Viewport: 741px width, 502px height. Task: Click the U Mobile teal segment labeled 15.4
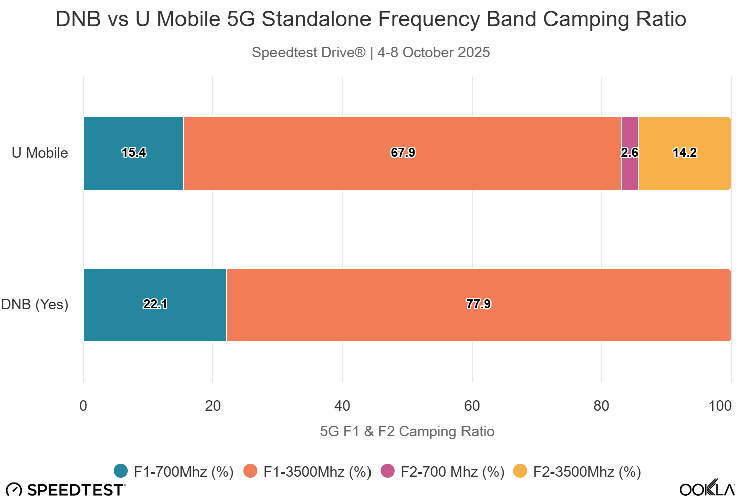(x=134, y=154)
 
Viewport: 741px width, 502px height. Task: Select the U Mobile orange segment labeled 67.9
(x=402, y=154)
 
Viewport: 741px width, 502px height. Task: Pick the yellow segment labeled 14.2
(x=685, y=154)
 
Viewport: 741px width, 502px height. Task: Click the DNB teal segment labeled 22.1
(x=155, y=305)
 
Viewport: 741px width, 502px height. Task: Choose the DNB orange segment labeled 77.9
(x=478, y=305)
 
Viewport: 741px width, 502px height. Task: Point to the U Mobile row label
(x=40, y=153)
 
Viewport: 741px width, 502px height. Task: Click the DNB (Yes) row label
(x=35, y=304)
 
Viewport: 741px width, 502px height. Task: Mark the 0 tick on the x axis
(x=83, y=406)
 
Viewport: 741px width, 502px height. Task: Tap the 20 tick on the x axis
(x=213, y=406)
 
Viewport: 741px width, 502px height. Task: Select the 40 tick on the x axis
(x=342, y=406)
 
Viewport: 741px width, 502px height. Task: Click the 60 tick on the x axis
(x=472, y=406)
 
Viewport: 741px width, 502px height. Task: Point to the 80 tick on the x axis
(x=601, y=406)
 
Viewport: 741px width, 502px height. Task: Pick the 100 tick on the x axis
(x=720, y=406)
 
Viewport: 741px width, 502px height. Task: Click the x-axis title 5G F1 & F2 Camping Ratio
(x=407, y=432)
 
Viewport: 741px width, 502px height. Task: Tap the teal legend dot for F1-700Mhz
(x=121, y=471)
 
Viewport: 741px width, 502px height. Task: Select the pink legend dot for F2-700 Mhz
(x=388, y=471)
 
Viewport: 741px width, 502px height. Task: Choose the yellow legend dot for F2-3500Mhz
(x=520, y=471)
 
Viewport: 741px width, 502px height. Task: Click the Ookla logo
(x=707, y=489)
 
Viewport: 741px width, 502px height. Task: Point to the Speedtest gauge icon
(x=14, y=490)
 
